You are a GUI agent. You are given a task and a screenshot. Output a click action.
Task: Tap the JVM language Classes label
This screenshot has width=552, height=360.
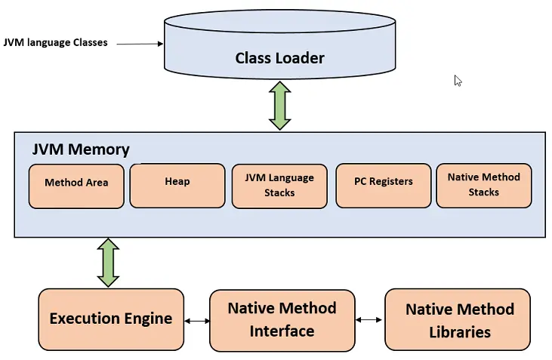56,43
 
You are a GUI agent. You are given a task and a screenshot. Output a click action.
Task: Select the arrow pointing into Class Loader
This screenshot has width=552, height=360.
140,44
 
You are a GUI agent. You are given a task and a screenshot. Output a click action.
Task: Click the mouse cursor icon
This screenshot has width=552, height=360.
458,81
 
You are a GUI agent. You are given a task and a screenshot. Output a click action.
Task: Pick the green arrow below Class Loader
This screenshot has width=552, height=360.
279,106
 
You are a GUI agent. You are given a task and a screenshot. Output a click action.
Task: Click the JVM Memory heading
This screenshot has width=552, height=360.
81,149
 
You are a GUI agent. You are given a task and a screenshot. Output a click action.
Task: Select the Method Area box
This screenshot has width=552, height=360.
76,186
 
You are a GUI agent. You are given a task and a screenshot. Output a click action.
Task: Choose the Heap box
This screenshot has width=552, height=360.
177,185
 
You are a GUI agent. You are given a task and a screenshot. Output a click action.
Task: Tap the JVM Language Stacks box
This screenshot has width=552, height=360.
279,186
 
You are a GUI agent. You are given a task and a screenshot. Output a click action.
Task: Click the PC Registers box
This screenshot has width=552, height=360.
383,186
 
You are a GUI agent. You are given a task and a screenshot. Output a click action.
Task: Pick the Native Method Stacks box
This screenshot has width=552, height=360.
483,185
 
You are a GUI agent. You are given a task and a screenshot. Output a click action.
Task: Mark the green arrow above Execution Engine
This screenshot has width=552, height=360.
109,262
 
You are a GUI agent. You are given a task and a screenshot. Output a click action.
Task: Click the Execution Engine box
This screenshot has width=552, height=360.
111,318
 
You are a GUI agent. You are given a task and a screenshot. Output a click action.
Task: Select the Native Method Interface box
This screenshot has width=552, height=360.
282,320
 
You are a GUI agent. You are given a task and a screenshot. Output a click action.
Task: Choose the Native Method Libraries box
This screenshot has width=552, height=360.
459,320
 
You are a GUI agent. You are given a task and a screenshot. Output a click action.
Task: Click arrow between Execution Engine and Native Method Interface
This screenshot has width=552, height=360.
197,321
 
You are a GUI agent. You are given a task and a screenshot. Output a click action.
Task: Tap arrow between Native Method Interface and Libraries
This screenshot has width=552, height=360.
369,320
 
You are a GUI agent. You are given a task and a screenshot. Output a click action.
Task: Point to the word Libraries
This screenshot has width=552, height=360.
460,332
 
